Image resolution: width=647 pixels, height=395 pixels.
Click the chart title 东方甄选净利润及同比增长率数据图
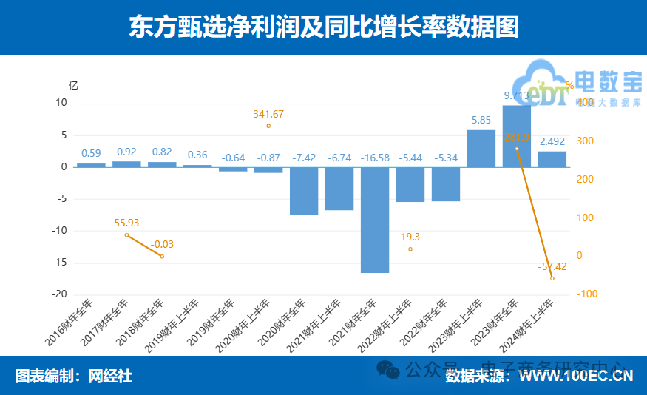(323, 27)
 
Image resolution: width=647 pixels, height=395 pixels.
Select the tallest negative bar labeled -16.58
(375, 220)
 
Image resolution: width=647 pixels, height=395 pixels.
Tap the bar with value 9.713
(516, 136)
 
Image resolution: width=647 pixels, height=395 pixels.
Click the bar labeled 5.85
(481, 148)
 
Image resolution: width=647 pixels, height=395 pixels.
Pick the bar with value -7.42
(304, 190)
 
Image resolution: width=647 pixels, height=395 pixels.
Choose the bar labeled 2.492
(552, 159)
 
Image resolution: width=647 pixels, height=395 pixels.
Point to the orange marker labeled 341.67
(268, 126)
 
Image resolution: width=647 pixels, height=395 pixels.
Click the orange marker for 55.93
(126, 235)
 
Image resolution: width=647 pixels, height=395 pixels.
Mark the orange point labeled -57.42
(552, 278)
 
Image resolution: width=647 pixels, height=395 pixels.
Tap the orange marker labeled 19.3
(410, 249)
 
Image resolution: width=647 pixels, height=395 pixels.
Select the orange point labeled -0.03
(162, 257)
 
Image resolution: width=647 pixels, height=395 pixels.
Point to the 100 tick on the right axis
(584, 217)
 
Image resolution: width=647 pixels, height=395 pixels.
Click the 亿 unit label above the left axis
(73, 85)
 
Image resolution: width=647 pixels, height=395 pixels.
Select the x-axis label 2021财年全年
(358, 323)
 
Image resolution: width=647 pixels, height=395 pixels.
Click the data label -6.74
(339, 158)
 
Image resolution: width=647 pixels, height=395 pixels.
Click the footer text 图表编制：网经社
(74, 376)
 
